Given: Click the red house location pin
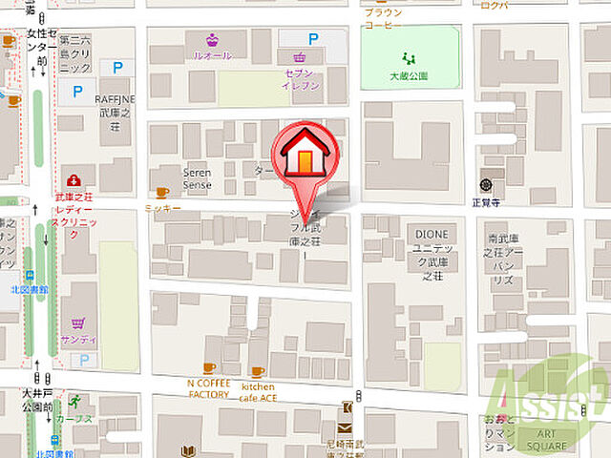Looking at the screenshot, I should tap(305, 154).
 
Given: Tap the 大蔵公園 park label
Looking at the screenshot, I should tap(409, 75).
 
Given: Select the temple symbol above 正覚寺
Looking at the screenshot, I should tap(486, 183).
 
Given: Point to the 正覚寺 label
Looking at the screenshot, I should tap(486, 201).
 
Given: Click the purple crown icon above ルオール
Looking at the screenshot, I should tap(212, 39).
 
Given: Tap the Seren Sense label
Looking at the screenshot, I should tap(198, 177).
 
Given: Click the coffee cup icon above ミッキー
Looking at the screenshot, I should tap(162, 192).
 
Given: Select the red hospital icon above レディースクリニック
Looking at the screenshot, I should tap(74, 180).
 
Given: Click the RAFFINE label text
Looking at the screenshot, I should tap(116, 98).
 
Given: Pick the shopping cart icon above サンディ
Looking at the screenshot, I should tap(77, 323).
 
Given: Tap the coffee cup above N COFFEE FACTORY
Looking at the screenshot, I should tap(209, 367).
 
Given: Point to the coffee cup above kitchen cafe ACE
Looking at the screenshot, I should tap(257, 371).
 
